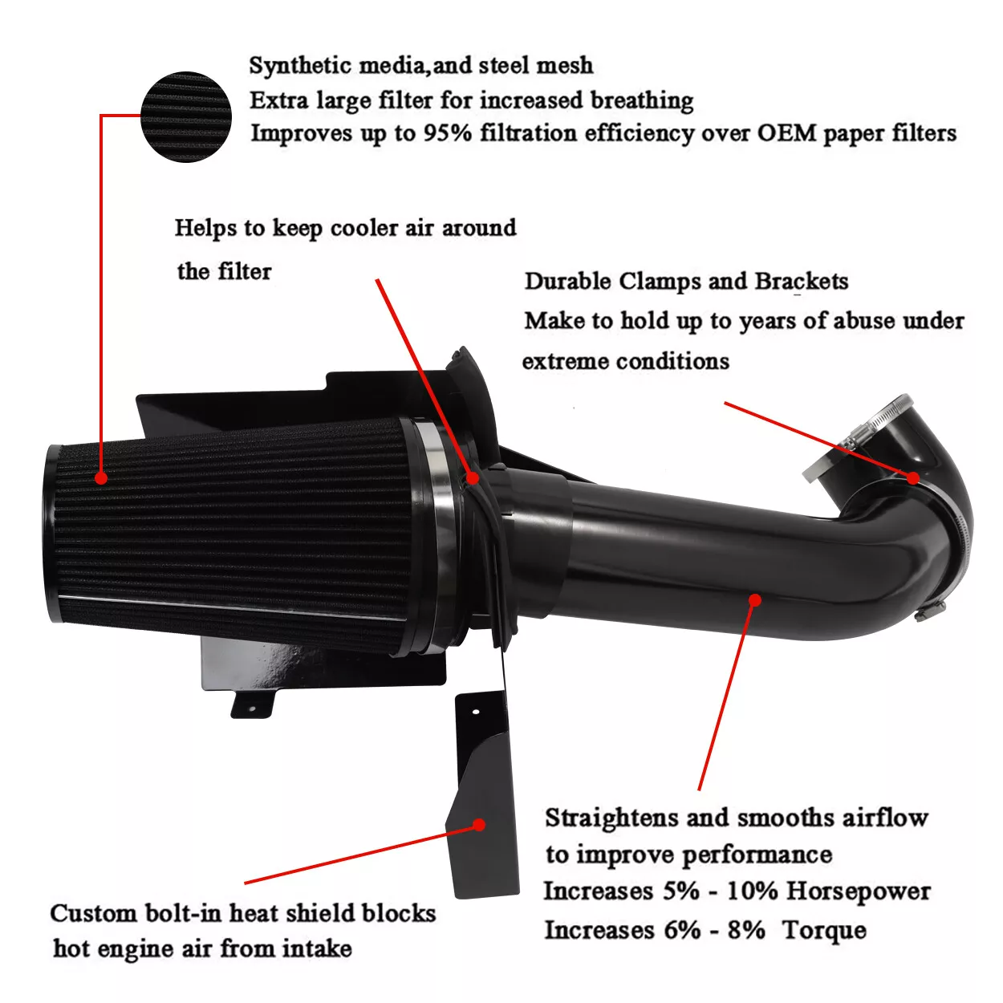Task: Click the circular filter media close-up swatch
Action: [x=186, y=117]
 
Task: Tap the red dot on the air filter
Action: [x=101, y=477]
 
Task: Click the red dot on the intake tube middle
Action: [x=754, y=599]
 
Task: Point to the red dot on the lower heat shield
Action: [x=479, y=824]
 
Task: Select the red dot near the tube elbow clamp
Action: [x=913, y=477]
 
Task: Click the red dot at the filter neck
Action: [x=473, y=477]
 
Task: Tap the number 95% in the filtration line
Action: [x=448, y=133]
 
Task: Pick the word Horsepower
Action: [x=858, y=891]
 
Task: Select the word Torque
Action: [x=824, y=930]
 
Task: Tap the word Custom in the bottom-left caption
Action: [x=93, y=913]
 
